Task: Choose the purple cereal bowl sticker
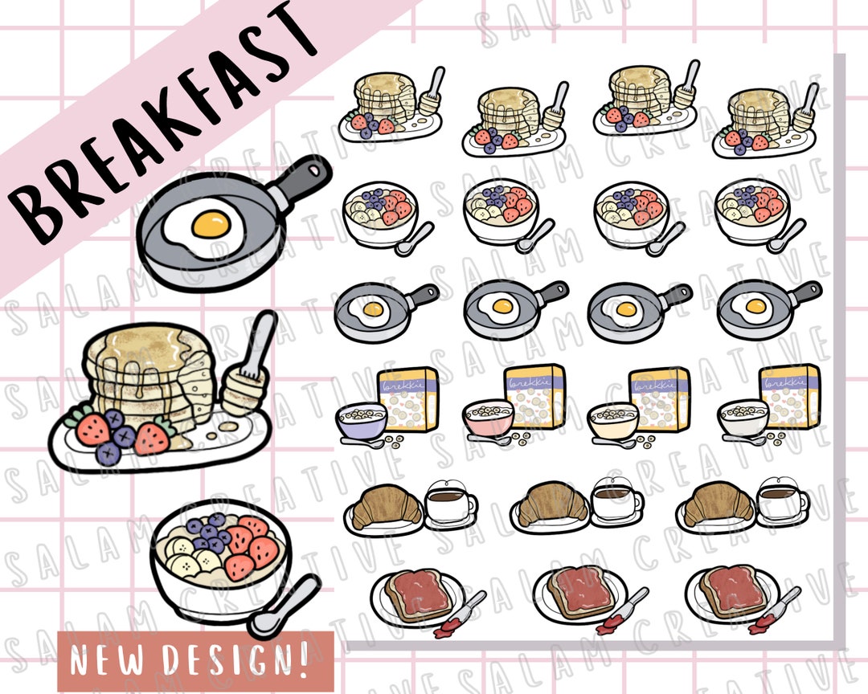(361, 422)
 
